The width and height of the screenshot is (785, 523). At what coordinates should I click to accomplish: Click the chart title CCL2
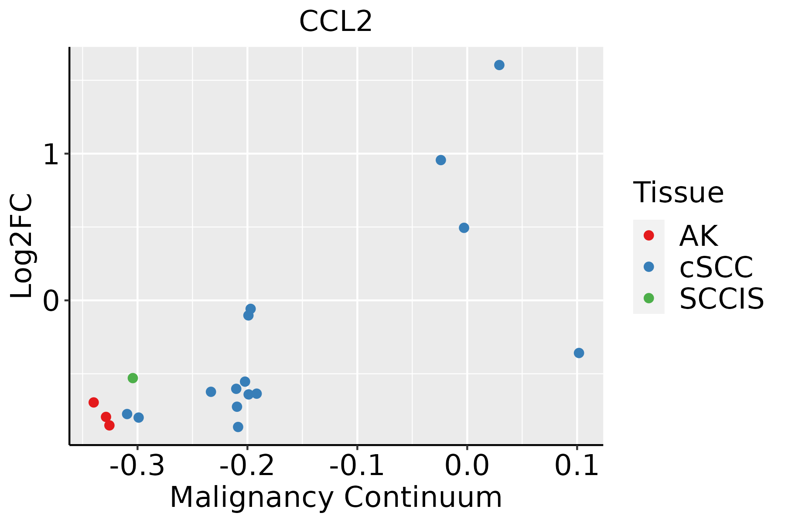click(x=335, y=22)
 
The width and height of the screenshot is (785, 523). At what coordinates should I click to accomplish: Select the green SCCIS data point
click(x=133, y=378)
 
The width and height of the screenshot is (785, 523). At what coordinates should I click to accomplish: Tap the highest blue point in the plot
click(x=499, y=65)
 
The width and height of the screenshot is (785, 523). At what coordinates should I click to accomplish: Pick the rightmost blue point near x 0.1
click(x=579, y=353)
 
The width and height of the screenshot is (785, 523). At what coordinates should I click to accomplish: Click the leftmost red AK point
click(x=94, y=402)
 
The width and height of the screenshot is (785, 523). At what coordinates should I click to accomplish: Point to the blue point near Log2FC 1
click(x=441, y=160)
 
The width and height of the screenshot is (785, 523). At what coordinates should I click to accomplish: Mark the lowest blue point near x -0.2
click(x=238, y=427)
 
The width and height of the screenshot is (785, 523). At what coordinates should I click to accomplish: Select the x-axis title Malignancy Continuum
click(x=336, y=497)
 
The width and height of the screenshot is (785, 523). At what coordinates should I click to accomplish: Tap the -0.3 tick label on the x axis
click(x=137, y=466)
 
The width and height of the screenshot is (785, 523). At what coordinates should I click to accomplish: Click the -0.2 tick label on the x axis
click(x=247, y=466)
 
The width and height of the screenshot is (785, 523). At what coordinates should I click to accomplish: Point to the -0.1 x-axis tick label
click(x=357, y=466)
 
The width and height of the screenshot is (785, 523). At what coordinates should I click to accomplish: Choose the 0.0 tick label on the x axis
click(x=467, y=466)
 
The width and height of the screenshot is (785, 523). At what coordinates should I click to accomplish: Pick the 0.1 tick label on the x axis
click(x=577, y=466)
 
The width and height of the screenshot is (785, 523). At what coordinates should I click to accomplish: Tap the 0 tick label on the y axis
click(x=51, y=301)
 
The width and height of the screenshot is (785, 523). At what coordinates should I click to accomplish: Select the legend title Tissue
click(x=678, y=192)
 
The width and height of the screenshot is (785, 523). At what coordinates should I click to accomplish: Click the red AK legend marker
click(x=648, y=235)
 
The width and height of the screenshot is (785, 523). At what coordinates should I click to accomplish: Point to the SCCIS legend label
click(x=722, y=299)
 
